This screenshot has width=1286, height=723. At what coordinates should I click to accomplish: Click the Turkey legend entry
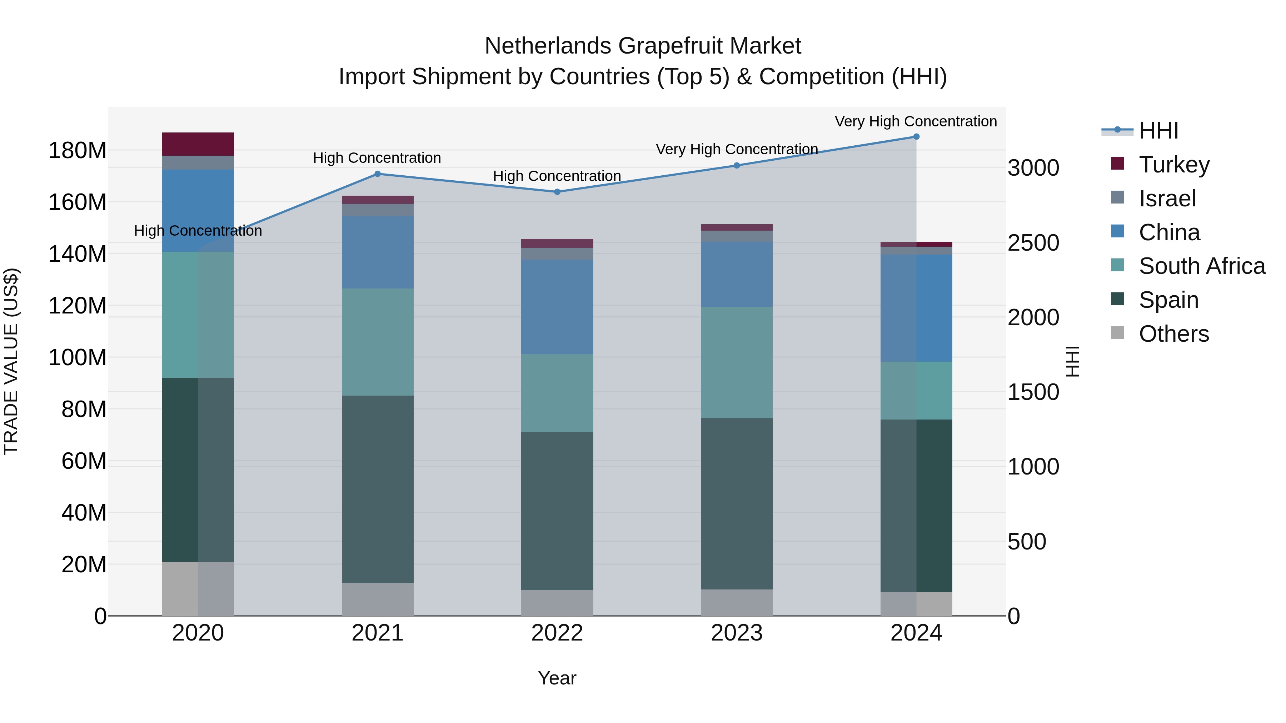(x=1174, y=165)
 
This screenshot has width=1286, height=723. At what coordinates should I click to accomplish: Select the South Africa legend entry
(x=1202, y=266)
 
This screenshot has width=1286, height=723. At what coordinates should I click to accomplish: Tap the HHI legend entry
(x=1158, y=131)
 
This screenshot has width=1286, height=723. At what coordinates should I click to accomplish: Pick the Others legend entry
(x=1174, y=334)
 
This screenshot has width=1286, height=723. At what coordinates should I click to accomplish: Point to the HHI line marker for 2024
(x=916, y=137)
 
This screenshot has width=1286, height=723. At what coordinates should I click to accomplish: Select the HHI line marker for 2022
(x=557, y=192)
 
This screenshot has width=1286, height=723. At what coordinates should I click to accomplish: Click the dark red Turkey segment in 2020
(x=198, y=144)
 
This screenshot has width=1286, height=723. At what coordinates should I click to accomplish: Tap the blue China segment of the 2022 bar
(x=557, y=307)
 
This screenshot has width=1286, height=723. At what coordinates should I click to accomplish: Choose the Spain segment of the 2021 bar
(x=378, y=489)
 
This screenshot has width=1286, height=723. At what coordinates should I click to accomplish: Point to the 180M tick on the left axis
(x=78, y=151)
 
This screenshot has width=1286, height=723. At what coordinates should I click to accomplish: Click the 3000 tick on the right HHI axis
(x=1033, y=168)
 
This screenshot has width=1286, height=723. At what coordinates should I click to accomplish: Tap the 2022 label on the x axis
(x=557, y=633)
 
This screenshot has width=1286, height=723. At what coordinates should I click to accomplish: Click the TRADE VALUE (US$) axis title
(x=11, y=361)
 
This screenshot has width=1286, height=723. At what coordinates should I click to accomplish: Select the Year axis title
(x=557, y=678)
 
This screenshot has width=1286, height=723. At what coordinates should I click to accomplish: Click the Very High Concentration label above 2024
(x=916, y=121)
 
